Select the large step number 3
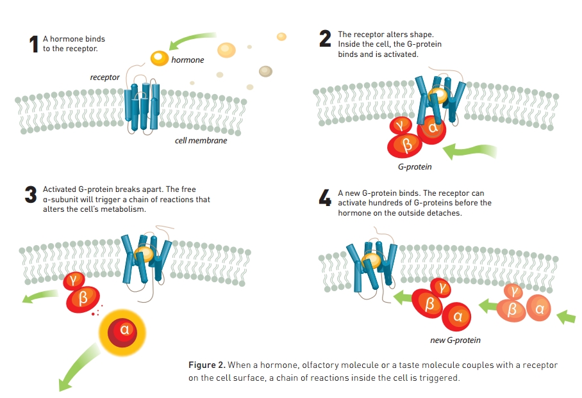pyautogui.click(x=31, y=194)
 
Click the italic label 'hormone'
pyautogui.click(x=188, y=60)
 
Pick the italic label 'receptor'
pyautogui.click(x=104, y=77)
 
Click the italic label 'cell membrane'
pyautogui.click(x=201, y=140)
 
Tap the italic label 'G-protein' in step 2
pyautogui.click(x=415, y=167)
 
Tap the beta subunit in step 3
pyautogui.click(x=82, y=298)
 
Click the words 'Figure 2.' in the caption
pyautogui.click(x=206, y=365)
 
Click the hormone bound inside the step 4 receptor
pyautogui.click(x=370, y=260)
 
